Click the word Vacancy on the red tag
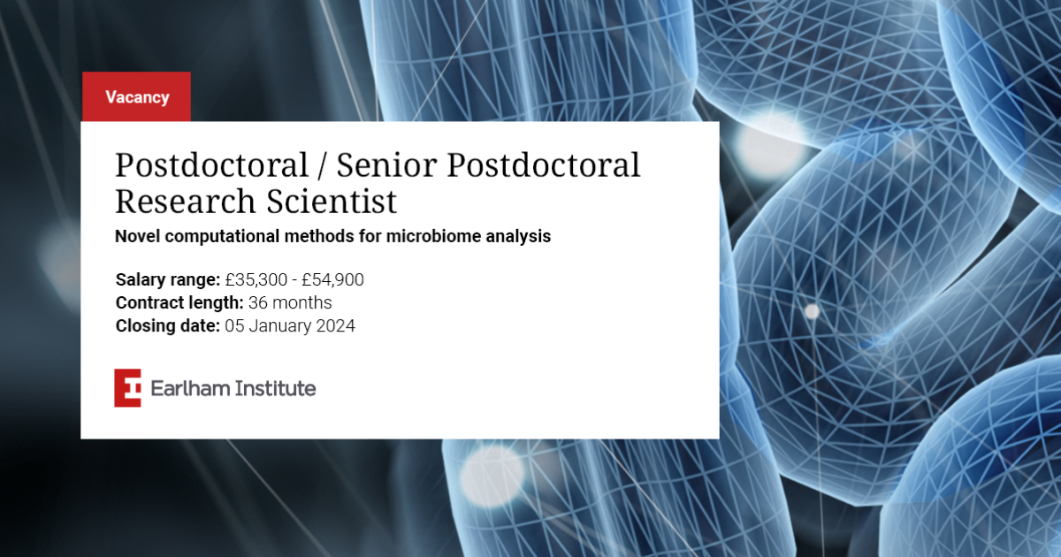(x=137, y=97)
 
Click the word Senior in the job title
(x=386, y=165)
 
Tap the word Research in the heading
(x=185, y=202)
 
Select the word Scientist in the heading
(x=331, y=202)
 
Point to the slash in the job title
(x=322, y=166)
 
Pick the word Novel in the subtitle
(x=137, y=236)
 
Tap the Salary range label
(x=168, y=280)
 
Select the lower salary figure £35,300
(x=256, y=280)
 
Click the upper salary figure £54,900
(x=332, y=280)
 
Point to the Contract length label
(x=179, y=302)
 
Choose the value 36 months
(x=290, y=302)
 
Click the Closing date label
(x=168, y=326)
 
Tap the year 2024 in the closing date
(x=335, y=326)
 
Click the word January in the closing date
(x=280, y=326)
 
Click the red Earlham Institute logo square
(x=127, y=388)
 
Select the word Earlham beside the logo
(x=190, y=388)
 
